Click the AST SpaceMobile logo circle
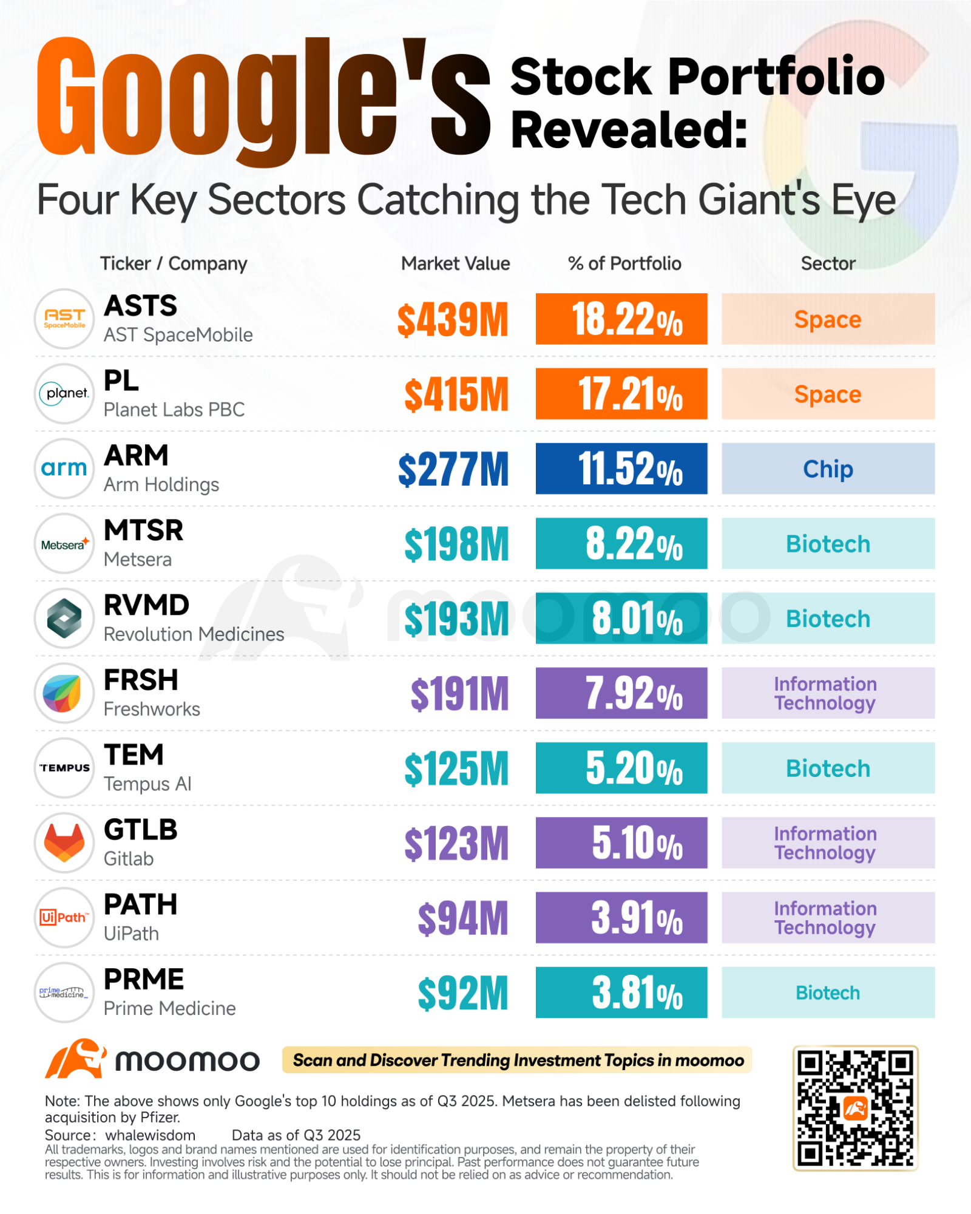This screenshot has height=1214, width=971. pos(64,319)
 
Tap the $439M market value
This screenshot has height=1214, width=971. pos(453,320)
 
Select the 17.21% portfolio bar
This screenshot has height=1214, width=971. pos(621,393)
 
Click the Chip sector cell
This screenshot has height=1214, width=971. pos(828,469)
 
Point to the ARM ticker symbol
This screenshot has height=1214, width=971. pos(136,455)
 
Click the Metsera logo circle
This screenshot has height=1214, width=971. pos(64,543)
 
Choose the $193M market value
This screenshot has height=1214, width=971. pos(456,619)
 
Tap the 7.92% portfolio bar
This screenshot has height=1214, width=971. pos(621,693)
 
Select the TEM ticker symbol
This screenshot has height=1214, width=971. pos(134,755)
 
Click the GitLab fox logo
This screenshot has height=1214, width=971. pos(64,843)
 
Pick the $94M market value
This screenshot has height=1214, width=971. pos(463,918)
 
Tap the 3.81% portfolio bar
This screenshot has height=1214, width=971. pos(621,992)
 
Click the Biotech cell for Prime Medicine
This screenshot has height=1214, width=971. pos(828,992)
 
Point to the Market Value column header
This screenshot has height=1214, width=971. pos(456,263)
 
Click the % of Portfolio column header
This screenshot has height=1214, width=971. pos(624,263)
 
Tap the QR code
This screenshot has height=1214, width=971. pos(855,1108)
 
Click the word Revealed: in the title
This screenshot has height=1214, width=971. pos(629,129)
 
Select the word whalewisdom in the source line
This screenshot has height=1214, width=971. pos(151,1135)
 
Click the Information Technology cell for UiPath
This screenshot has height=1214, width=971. pos(828,918)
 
